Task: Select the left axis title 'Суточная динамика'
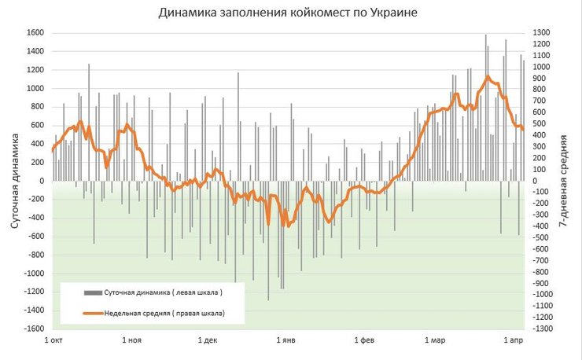pos(15,181)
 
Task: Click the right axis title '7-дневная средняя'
pos(563,181)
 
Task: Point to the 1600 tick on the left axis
pos(34,33)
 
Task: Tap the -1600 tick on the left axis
pos(32,329)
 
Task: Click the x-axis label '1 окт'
pos(53,341)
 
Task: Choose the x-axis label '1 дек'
pos(207,341)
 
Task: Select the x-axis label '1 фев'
pos(363,341)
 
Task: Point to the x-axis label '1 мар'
pos(434,341)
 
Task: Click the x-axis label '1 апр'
pos(512,341)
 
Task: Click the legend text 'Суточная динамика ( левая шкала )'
pos(164,292)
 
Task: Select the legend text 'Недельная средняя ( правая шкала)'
pos(164,314)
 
